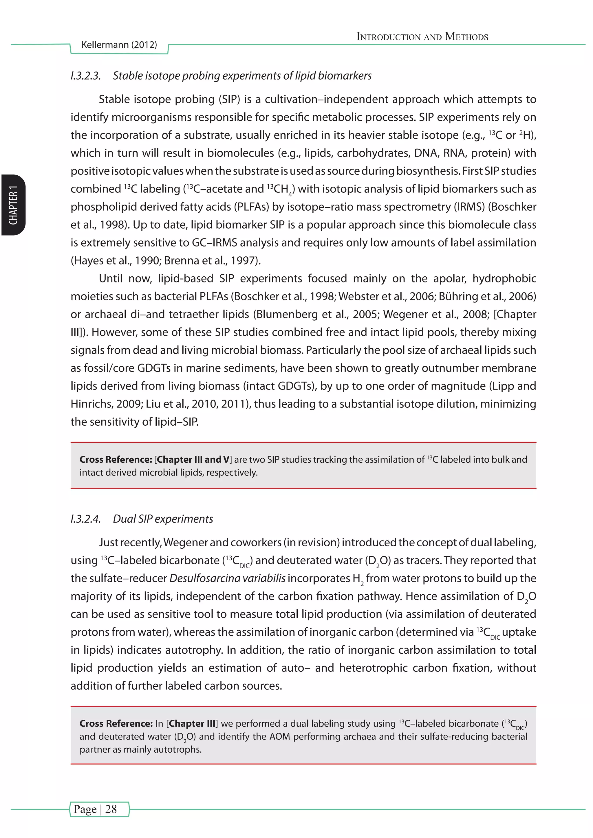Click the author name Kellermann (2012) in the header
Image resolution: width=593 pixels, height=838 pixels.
coord(119,45)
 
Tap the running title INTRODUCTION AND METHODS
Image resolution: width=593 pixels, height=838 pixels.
coord(422,36)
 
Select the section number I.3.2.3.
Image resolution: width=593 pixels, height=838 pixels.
coord(86,76)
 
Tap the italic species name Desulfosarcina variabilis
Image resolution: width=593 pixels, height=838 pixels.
coord(228,578)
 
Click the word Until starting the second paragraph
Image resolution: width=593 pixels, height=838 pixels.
coord(111,278)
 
